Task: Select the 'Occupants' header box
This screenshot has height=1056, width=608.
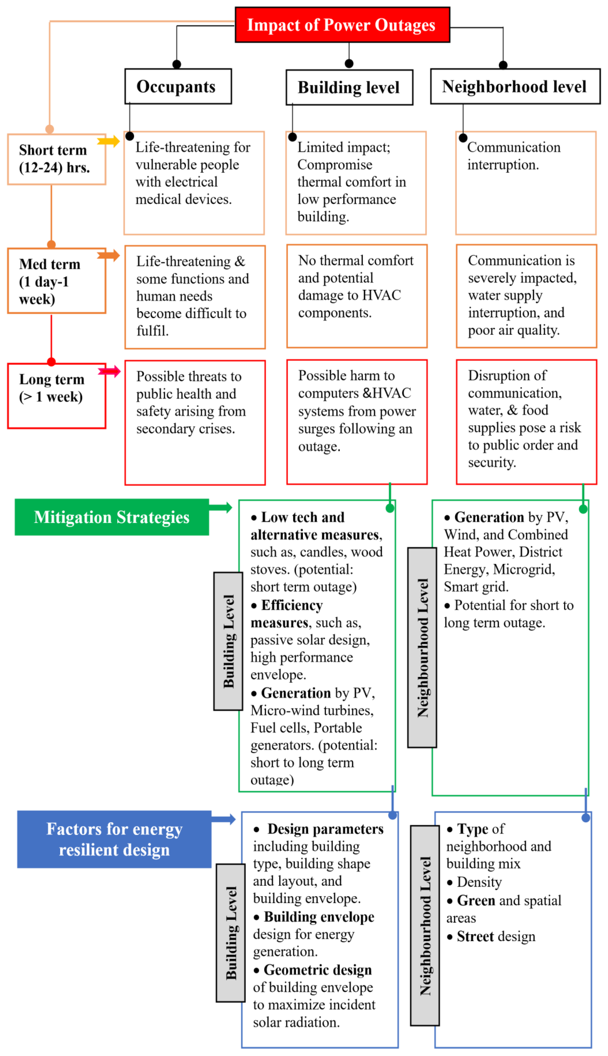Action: (178, 86)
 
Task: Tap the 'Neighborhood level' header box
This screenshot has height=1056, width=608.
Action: (515, 86)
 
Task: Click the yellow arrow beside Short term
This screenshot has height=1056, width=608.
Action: (109, 141)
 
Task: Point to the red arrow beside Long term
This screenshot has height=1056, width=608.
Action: (109, 371)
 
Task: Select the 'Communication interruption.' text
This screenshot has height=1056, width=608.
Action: (514, 156)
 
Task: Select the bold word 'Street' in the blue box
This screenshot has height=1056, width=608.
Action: (475, 936)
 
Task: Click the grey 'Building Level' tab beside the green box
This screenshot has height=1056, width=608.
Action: (228, 641)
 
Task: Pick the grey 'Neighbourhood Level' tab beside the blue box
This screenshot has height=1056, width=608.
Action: (425, 926)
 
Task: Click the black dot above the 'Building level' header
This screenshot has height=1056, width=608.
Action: (349, 64)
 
